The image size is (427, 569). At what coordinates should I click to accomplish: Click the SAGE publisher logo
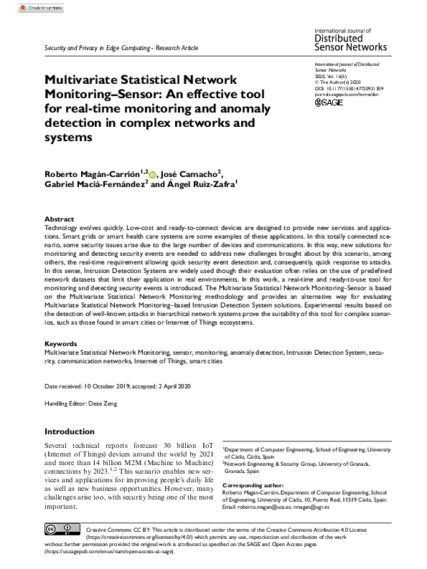coord(329,102)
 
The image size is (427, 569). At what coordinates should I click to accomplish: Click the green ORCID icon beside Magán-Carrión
coord(152,173)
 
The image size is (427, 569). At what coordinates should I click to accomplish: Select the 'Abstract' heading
coord(59,219)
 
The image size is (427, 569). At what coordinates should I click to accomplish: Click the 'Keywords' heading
coord(61,344)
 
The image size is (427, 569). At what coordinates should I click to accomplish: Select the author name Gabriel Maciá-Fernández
coord(96,185)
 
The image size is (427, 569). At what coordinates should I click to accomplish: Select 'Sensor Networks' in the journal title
coord(351,47)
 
